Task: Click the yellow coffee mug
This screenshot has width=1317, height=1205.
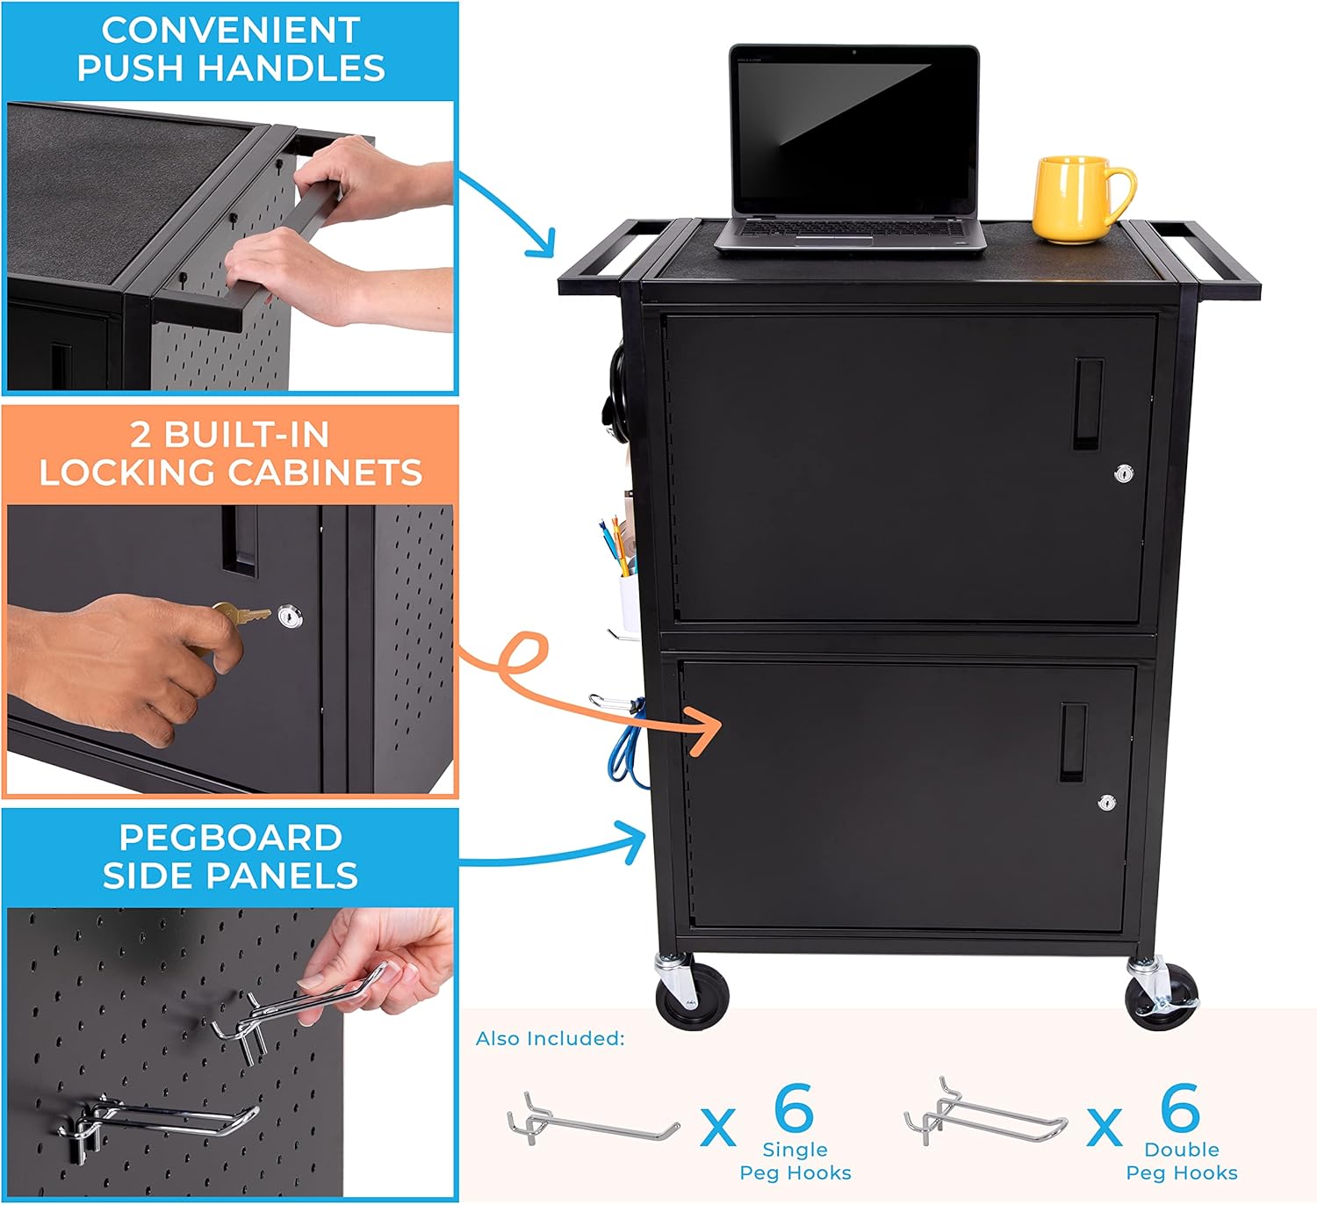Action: pos(1076,199)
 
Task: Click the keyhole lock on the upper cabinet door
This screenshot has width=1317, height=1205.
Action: pos(1124,474)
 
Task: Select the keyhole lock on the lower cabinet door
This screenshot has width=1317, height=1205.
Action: pos(1107,803)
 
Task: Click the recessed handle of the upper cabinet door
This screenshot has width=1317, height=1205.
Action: pos(1088,404)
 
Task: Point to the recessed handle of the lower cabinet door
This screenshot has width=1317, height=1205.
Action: pos(1072,742)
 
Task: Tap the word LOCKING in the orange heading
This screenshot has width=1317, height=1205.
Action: pos(126,473)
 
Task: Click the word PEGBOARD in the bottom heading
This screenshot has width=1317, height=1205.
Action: pos(230,837)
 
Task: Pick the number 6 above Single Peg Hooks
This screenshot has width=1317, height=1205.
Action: pos(794,1108)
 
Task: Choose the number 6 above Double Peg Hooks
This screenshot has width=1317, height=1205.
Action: pos(1180,1108)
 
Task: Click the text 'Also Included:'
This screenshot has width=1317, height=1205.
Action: pos(550,1039)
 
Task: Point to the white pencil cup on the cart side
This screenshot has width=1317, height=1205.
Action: pos(629,601)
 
